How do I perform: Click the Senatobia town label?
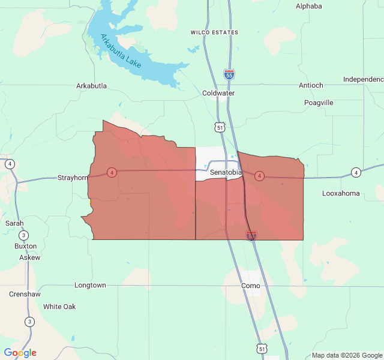click(x=226, y=173)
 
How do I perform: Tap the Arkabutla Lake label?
click(x=121, y=51)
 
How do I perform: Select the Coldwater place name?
click(x=218, y=93)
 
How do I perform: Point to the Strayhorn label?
click(x=73, y=178)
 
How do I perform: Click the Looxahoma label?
click(x=341, y=193)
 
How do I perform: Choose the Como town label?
click(x=250, y=286)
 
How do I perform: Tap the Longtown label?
click(x=90, y=285)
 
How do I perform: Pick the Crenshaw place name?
click(x=24, y=294)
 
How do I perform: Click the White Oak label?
click(x=59, y=307)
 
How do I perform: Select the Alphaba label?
click(x=309, y=6)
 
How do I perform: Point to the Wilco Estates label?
click(x=214, y=32)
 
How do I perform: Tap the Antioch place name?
click(x=311, y=85)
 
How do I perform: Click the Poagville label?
click(x=319, y=103)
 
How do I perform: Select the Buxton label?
click(x=26, y=246)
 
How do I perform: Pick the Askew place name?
click(x=29, y=257)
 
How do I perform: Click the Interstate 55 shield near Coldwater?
click(x=229, y=74)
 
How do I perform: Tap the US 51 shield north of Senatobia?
click(x=220, y=127)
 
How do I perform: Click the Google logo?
click(x=20, y=353)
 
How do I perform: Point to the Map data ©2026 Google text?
click(x=346, y=355)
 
